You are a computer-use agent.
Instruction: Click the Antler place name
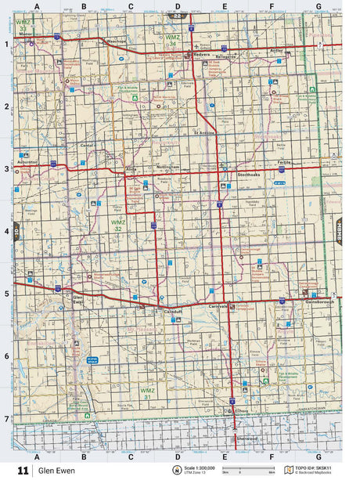click(275, 50)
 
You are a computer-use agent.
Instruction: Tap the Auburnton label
click(27, 162)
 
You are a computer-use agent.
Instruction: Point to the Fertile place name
click(283, 162)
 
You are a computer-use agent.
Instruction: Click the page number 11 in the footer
click(23, 470)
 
